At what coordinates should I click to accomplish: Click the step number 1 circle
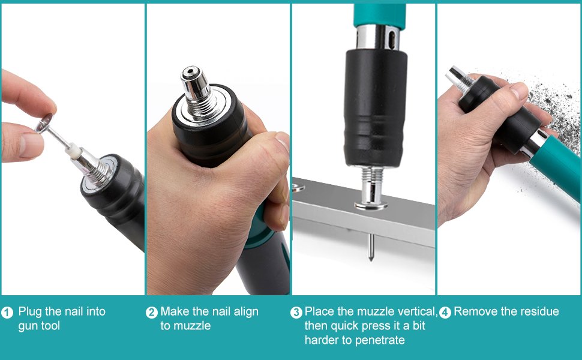pyautogui.click(x=7, y=313)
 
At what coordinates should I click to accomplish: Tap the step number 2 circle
pyautogui.click(x=151, y=313)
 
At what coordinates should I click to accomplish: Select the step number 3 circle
pyautogui.click(x=296, y=313)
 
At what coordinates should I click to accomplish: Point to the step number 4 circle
pyautogui.click(x=445, y=313)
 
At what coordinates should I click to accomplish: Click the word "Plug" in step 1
pyautogui.click(x=30, y=312)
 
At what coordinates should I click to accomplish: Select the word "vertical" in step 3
pyautogui.click(x=418, y=311)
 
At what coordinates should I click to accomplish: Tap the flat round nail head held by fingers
pyautogui.click(x=44, y=123)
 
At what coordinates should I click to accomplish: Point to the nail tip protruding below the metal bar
pyautogui.click(x=370, y=247)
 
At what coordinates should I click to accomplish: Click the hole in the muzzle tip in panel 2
pyautogui.click(x=190, y=71)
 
